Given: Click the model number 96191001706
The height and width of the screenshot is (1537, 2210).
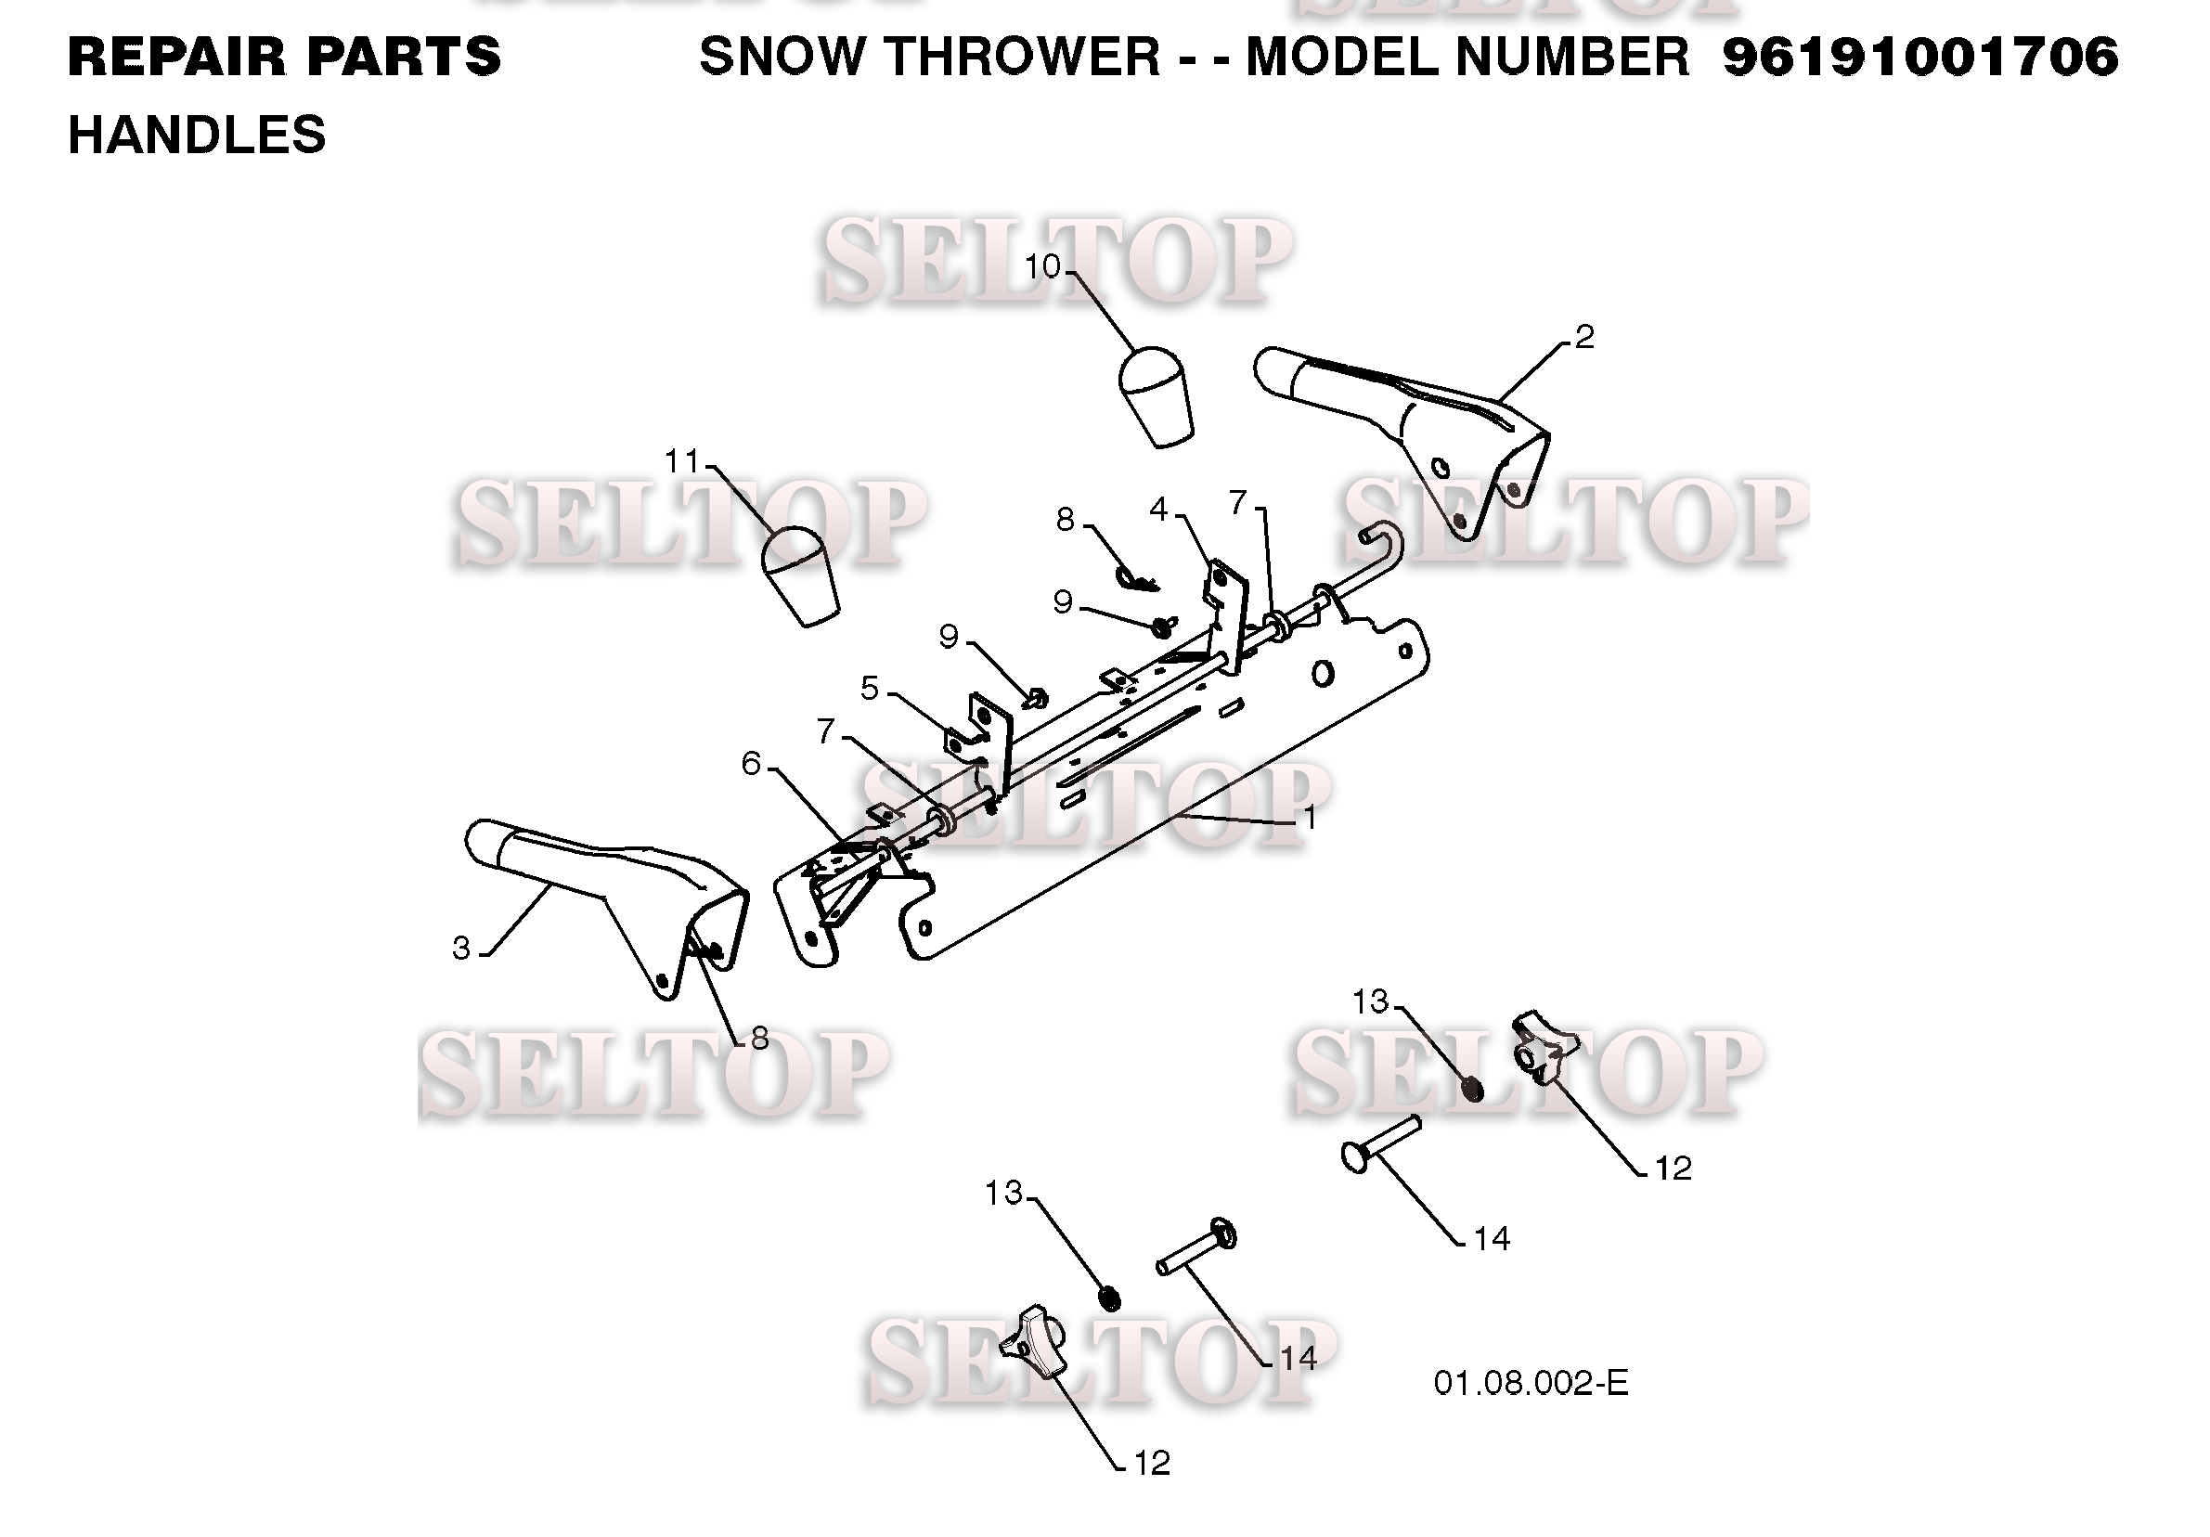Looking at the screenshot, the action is coord(1920,57).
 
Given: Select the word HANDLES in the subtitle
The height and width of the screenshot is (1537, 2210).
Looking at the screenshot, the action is coord(198,135).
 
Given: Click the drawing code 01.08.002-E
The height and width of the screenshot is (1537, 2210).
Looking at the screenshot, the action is coord(1531,1384).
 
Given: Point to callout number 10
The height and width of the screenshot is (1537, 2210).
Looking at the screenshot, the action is coord(1041,266).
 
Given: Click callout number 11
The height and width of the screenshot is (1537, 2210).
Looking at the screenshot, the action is coord(682,462).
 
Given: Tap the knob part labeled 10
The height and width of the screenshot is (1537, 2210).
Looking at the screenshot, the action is coord(1156,395).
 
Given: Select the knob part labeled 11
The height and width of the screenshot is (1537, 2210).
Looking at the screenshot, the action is coord(800,575).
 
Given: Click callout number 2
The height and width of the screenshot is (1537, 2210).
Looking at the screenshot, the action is coord(1584,337).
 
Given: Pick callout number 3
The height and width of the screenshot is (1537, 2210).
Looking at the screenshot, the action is coord(462,948).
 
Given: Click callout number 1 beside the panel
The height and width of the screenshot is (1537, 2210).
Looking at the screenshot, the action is coord(1309,818).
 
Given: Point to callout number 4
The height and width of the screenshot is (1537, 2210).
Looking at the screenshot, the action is coord(1159,510).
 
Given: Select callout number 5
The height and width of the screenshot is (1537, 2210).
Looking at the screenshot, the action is coord(870,689).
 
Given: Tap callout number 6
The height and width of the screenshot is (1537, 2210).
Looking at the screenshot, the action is coord(752,764).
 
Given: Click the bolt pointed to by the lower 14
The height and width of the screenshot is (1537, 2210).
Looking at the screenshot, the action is coord(1196,1246).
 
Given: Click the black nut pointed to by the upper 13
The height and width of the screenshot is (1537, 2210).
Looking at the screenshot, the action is coord(1472,1089).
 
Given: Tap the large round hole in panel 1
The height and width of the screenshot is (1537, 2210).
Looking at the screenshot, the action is coord(1324,674).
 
